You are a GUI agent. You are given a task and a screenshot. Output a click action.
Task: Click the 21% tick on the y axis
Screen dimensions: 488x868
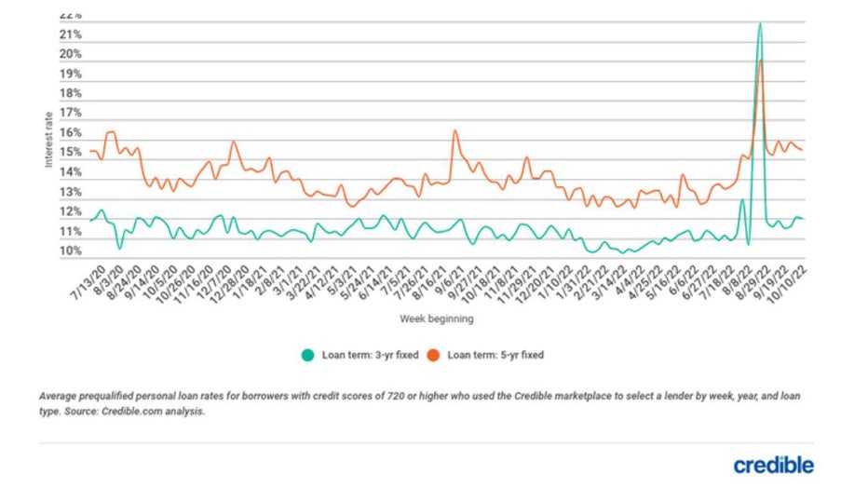tap(72, 35)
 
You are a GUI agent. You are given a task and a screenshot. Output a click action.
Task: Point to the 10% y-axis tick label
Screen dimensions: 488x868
tap(72, 251)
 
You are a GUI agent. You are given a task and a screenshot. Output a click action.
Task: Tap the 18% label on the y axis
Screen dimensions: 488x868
tap(72, 94)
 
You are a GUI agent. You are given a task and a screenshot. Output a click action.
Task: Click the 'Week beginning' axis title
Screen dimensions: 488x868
tap(437, 319)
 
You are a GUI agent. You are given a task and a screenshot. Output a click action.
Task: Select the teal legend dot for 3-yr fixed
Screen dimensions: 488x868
tap(306, 355)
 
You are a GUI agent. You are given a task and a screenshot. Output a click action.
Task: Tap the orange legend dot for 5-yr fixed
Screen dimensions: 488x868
tap(434, 355)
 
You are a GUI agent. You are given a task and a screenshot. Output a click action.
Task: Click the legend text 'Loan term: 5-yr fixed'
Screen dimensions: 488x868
tap(495, 355)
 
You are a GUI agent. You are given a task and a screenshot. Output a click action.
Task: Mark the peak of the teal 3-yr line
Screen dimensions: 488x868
tap(761, 23)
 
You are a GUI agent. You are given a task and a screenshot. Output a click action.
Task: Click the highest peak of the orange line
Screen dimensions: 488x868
tap(761, 61)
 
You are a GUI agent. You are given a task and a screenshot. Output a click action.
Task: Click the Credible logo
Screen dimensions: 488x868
tap(773, 465)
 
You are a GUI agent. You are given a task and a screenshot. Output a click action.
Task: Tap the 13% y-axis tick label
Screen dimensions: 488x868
tap(72, 193)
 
